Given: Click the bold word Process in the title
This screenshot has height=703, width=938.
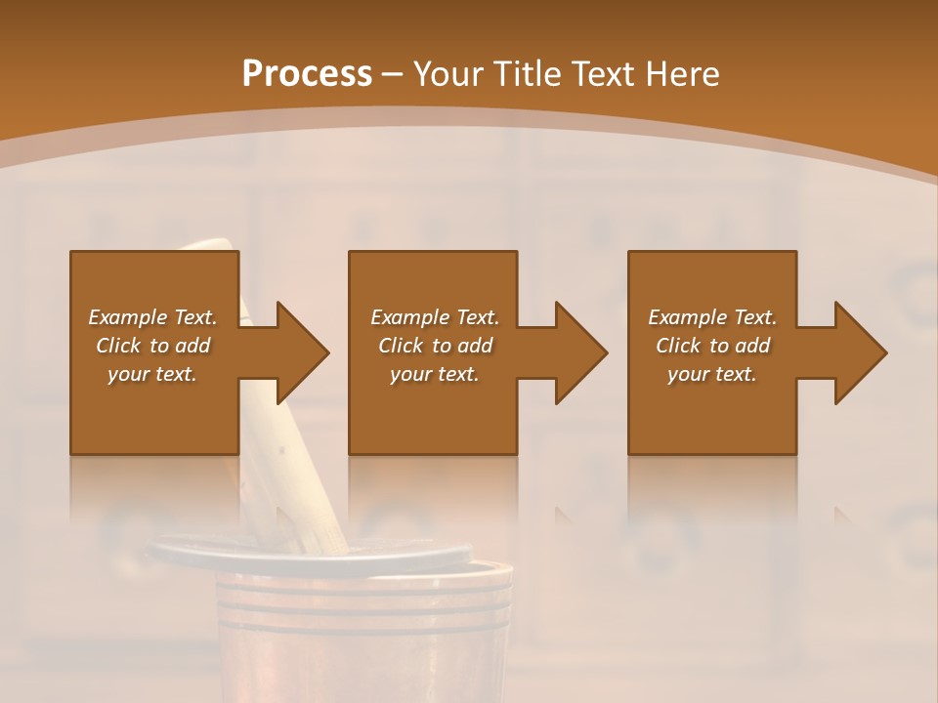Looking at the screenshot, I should tap(307, 74).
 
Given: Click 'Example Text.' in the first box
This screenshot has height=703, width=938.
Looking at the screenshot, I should tap(152, 317).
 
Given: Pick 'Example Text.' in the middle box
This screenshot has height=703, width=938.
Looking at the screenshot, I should tap(435, 317).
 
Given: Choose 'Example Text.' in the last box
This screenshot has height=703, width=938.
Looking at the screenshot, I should tap(712, 317).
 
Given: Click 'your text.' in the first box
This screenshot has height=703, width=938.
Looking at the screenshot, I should tap(152, 374).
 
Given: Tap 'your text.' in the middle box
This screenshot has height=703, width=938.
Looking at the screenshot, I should tap(435, 374).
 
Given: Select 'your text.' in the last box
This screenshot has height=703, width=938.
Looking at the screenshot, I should tap(712, 374).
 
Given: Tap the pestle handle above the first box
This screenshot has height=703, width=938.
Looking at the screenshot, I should tap(215, 244).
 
